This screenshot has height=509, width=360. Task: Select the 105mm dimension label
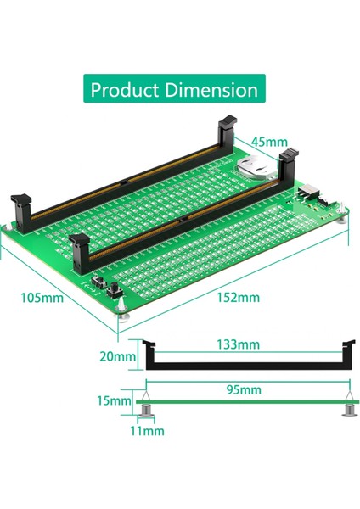(42, 298)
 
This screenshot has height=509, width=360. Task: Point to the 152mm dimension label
(238, 298)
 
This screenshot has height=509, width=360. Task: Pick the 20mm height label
(117, 356)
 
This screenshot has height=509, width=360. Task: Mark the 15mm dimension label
(115, 400)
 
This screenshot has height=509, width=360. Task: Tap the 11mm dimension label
(147, 431)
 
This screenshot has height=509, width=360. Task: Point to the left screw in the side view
(146, 411)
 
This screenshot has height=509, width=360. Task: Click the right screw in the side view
(348, 411)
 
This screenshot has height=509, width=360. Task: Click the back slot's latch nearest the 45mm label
(227, 131)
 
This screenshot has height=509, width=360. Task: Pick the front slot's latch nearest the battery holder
(289, 164)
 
